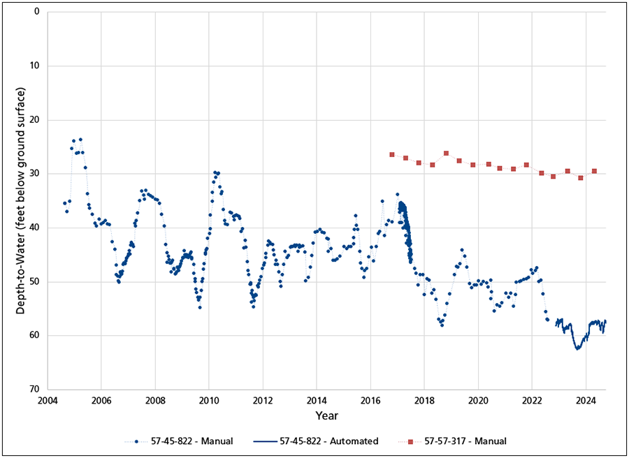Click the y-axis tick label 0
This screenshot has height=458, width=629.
[x=36, y=12]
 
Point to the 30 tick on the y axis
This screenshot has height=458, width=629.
[x=34, y=174]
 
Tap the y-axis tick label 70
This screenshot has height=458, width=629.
[x=34, y=390]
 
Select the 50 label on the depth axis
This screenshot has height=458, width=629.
[x=34, y=281]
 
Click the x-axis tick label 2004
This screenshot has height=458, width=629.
[x=48, y=401]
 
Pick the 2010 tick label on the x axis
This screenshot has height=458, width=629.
[x=209, y=401]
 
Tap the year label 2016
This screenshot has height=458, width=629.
[x=370, y=401]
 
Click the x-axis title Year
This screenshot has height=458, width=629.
[x=326, y=416]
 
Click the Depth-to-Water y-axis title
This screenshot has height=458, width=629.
[x=21, y=201]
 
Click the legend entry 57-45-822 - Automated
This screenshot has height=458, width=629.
[x=328, y=441]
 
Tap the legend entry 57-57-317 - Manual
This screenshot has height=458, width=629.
[x=463, y=441]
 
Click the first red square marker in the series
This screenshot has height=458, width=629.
[x=392, y=154]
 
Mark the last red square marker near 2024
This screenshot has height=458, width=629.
[x=594, y=171]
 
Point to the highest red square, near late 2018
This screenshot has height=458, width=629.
[x=446, y=153]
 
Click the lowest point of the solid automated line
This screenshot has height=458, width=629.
[x=577, y=348]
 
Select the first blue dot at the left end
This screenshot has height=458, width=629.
[x=64, y=203]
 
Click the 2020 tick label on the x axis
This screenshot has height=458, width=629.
[x=478, y=401]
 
